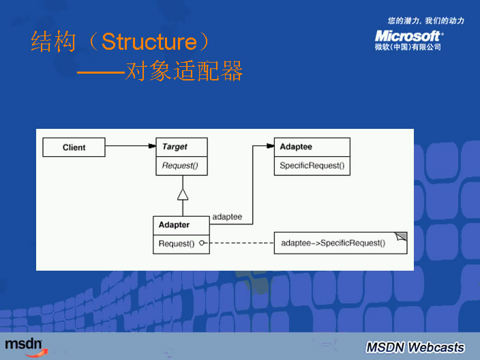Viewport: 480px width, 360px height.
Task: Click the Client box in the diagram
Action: pyautogui.click(x=74, y=147)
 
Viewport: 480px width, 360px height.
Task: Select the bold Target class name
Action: pyautogui.click(x=175, y=147)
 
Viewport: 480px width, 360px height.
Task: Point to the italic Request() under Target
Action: pyautogui.click(x=180, y=166)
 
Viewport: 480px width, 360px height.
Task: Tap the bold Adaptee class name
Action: pyautogui.click(x=296, y=147)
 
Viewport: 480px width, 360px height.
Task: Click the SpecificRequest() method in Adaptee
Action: pyautogui.click(x=312, y=166)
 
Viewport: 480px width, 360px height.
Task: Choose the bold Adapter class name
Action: pyautogui.click(x=174, y=225)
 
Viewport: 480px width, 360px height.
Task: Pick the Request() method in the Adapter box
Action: pyautogui.click(x=177, y=243)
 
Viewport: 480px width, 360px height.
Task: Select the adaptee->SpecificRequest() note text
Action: pyautogui.click(x=333, y=243)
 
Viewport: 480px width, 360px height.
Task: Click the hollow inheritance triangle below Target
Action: pyautogui.click(x=182, y=194)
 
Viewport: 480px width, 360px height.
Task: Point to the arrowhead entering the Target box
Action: pyautogui.click(x=151, y=146)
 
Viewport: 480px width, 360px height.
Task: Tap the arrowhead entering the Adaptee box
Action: pyautogui.click(x=270, y=146)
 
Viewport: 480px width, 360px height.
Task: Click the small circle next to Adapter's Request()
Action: pyautogui.click(x=202, y=243)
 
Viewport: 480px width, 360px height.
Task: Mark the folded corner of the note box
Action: pyautogui.click(x=402, y=237)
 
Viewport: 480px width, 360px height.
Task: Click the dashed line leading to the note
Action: pyautogui.click(x=239, y=243)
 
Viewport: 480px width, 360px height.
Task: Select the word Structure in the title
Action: pyautogui.click(x=149, y=42)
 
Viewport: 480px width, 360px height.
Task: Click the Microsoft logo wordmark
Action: pyautogui.click(x=408, y=35)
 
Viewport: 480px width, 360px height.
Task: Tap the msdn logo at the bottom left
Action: pyautogui.click(x=25, y=344)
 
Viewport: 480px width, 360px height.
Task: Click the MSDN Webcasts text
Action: pyautogui.click(x=415, y=346)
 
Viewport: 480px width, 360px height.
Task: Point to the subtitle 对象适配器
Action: pyautogui.click(x=183, y=72)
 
